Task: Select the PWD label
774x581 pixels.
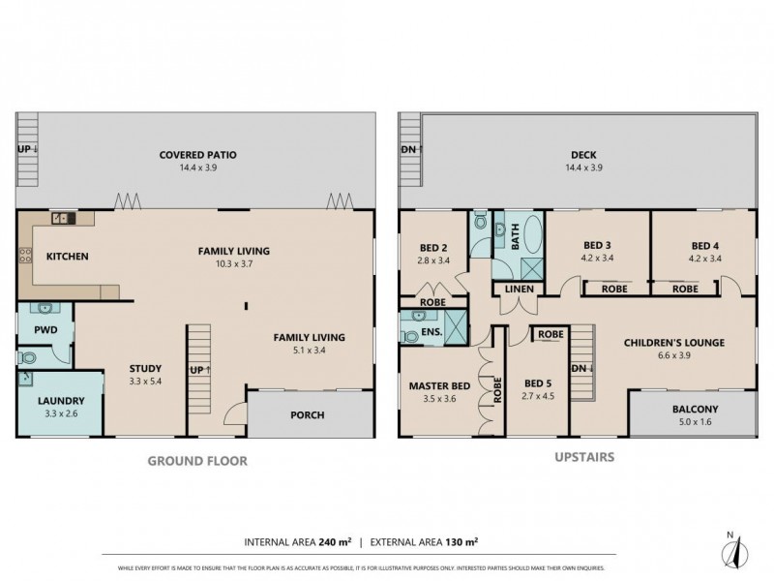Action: [x=45, y=329]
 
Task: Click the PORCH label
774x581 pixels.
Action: [x=308, y=415]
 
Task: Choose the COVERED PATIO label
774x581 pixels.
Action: [x=198, y=154]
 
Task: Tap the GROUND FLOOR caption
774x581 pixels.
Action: [x=197, y=461]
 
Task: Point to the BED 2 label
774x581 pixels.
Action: [x=432, y=246]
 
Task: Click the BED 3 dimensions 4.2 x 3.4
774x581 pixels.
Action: [x=600, y=259]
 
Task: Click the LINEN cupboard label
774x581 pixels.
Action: [x=517, y=289]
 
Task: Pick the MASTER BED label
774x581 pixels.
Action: [x=439, y=385]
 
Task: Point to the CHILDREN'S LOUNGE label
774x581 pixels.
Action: [x=674, y=342]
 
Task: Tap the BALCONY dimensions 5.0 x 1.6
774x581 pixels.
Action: [x=695, y=423]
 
